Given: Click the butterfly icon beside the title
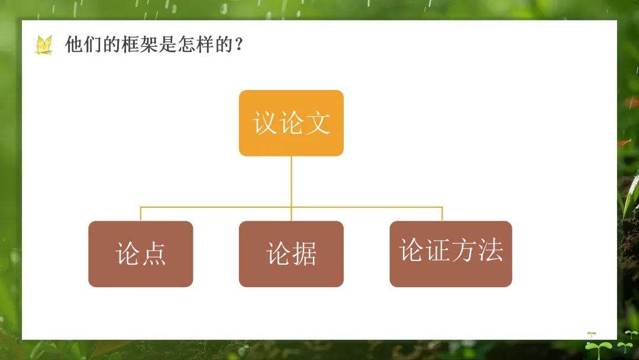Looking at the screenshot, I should click(44, 45).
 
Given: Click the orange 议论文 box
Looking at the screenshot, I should click(291, 123).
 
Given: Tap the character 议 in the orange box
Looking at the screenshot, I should click(265, 123).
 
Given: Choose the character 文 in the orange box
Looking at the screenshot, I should click(318, 123).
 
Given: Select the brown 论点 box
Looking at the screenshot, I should click(141, 254).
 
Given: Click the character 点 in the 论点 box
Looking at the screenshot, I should click(154, 254).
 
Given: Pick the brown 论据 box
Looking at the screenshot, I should click(291, 254).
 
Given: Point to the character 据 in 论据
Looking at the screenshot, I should click(304, 254).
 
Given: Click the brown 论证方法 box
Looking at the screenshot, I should click(451, 254).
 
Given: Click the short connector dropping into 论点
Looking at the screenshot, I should click(141, 214).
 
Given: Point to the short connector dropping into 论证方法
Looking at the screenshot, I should click(442, 214).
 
